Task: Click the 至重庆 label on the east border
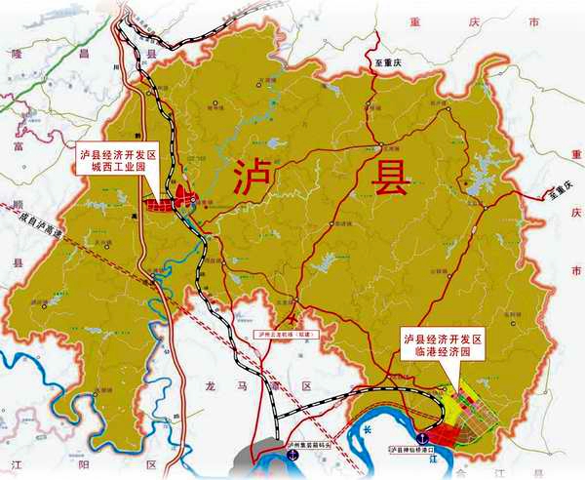point(563,194)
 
